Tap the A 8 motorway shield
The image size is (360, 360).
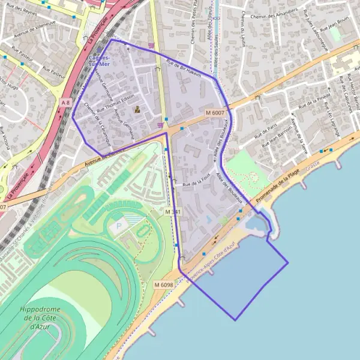[65, 103]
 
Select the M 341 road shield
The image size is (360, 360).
[173, 212]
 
